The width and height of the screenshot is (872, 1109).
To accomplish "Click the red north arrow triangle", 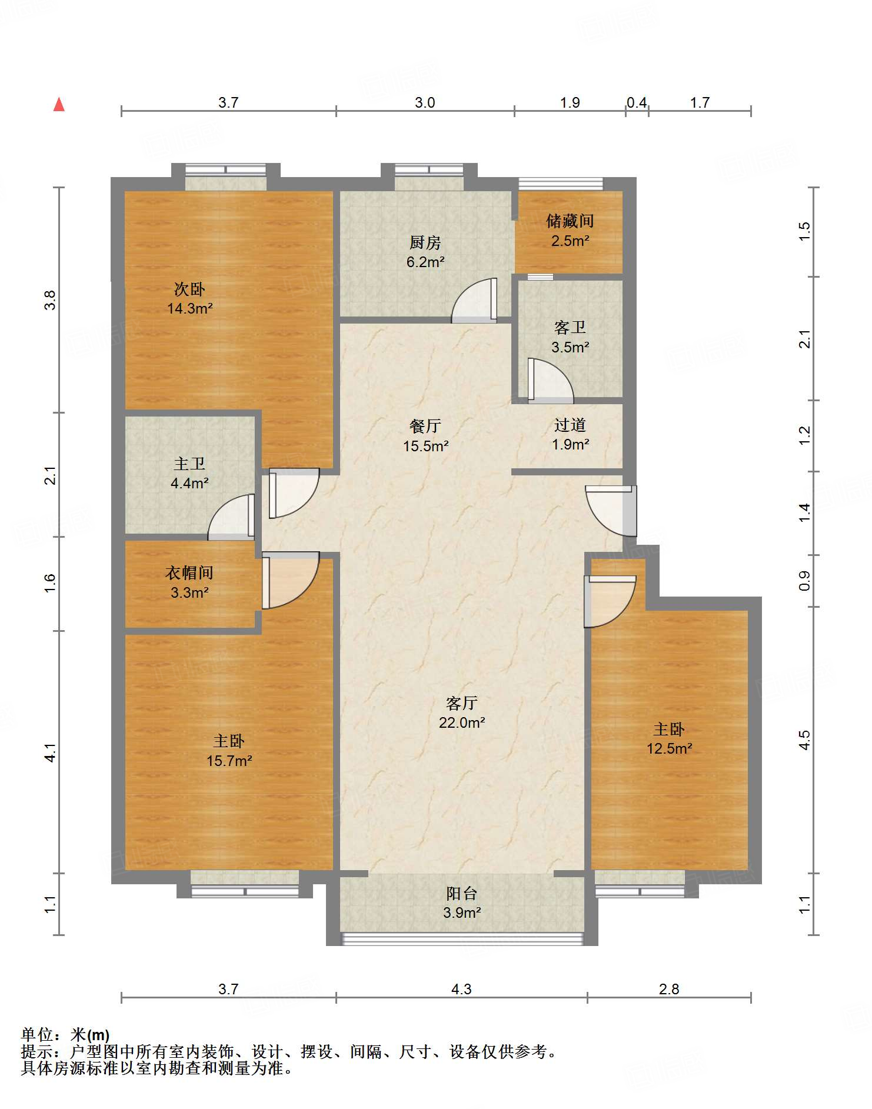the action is pos(59,105).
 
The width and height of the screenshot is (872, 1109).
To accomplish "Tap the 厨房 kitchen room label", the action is pos(425,242).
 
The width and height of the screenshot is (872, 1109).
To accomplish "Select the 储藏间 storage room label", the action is pos(570,221).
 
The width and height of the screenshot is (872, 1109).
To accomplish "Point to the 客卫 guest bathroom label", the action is pos(570,328).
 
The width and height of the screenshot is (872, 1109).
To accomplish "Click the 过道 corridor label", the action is pos(570,425).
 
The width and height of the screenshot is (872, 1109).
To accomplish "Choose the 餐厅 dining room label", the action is pos(425,426).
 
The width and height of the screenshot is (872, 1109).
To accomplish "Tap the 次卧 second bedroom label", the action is pos(189,289).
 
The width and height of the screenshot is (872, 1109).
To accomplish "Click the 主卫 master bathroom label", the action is pos(189,464).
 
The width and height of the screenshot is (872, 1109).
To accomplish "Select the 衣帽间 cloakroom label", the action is pos(189,572).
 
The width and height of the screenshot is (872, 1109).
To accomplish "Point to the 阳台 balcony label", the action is pos(462,894).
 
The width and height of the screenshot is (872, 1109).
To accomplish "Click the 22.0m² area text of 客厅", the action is pos(462,722).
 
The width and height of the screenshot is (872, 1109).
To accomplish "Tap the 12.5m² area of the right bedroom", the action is pos(670,748).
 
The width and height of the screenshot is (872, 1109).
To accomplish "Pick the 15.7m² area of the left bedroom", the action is pos(229,761).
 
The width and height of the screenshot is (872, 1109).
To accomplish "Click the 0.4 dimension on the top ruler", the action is pos(637,103).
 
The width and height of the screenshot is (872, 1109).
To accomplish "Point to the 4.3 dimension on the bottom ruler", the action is pos(461,990).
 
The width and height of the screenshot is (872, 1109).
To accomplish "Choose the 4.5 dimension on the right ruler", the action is pos(804,740).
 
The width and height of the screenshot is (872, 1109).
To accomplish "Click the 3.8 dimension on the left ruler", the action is pos(51,300).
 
